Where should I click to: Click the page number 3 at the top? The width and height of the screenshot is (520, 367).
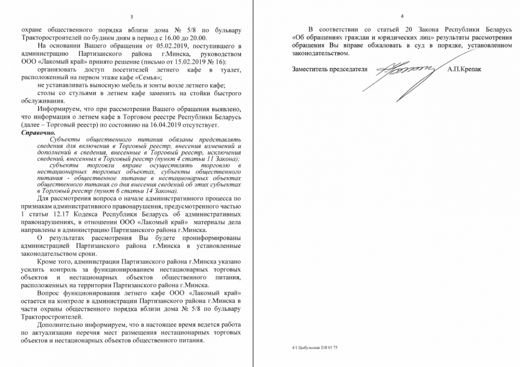click(131, 16)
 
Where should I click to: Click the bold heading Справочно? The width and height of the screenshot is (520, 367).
click(38, 133)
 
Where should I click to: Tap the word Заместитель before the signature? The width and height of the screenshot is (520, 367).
click(311, 69)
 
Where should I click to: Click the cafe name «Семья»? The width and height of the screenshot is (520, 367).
click(151, 77)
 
